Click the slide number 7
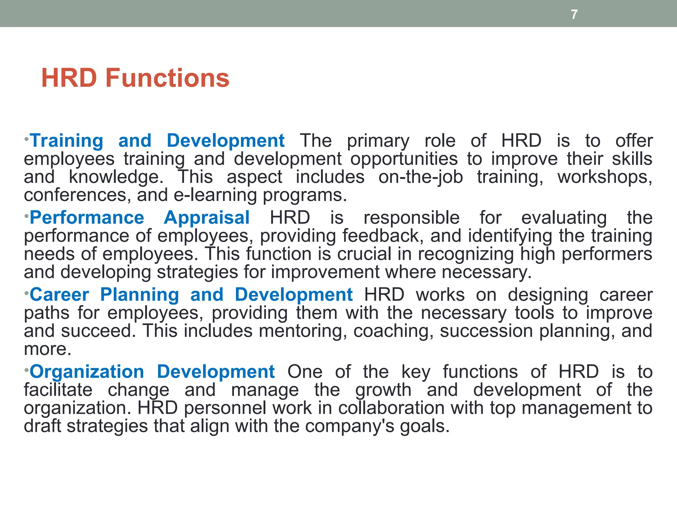[574, 15]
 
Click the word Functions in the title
[167, 78]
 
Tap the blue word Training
[67, 141]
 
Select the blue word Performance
[87, 218]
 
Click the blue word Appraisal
[207, 218]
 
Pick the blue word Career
[60, 295]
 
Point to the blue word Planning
[139, 295]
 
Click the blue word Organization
[87, 372]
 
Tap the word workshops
[605, 177]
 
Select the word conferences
[75, 195]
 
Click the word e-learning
[215, 195]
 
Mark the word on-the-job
[420, 177]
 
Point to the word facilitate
[58, 390]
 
